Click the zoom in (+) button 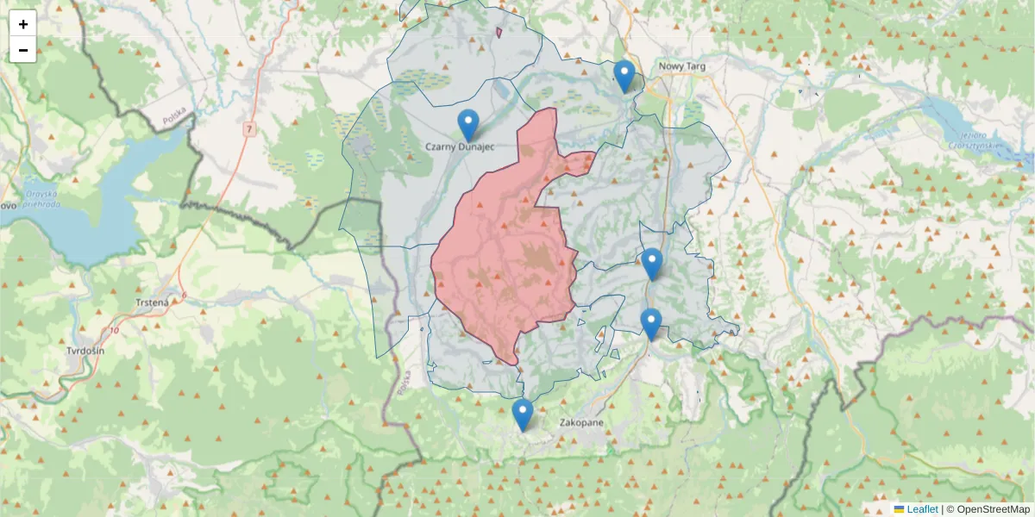23,24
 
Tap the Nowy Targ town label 682,65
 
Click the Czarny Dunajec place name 460,147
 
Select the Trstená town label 153,302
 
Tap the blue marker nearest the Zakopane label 522,414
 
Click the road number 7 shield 248,129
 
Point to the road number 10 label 116,330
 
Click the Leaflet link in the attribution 922,509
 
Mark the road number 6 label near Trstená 184,295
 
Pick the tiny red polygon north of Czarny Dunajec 499,33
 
